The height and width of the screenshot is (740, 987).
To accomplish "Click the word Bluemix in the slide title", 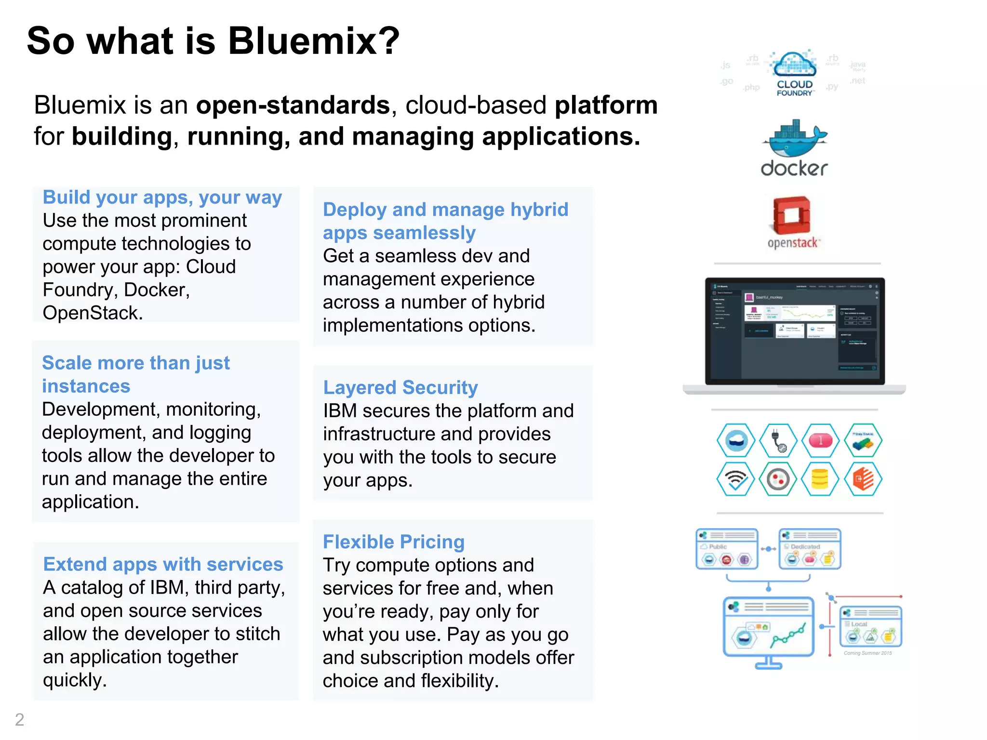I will [x=313, y=41].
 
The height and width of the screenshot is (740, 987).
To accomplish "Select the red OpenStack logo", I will [x=792, y=216].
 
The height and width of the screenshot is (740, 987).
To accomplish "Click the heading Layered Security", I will [x=400, y=387].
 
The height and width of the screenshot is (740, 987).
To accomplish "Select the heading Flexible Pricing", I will [x=393, y=542].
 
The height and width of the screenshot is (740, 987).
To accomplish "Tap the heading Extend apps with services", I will [x=163, y=564].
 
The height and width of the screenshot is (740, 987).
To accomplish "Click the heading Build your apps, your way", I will [x=162, y=198].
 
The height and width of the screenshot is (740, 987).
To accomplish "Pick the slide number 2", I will [x=19, y=719].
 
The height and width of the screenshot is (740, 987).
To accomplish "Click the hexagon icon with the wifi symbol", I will [x=735, y=479].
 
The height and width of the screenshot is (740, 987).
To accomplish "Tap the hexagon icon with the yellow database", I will [x=820, y=479].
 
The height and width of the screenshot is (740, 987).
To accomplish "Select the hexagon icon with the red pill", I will [x=820, y=440].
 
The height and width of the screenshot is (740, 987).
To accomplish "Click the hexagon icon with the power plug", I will [x=778, y=440].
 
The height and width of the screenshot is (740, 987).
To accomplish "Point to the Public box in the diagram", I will [x=727, y=549].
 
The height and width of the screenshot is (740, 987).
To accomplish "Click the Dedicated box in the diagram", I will [x=810, y=549].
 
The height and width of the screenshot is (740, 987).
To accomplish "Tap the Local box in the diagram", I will [x=870, y=626].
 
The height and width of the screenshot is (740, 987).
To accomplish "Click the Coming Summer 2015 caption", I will [x=867, y=653].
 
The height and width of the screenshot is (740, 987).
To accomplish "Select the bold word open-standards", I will [x=293, y=105].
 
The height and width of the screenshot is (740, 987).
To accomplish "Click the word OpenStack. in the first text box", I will [x=93, y=313].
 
